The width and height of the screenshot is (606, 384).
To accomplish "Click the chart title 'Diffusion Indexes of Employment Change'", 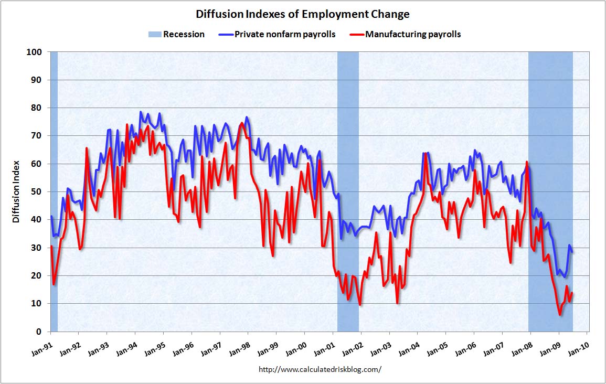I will [x=303, y=14].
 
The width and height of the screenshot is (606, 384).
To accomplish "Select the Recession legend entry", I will [x=176, y=35].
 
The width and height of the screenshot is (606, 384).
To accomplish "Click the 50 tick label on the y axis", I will [x=37, y=192].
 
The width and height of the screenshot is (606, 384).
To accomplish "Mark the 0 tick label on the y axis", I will [x=39, y=332].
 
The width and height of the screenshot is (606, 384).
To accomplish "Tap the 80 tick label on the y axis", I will [x=37, y=108].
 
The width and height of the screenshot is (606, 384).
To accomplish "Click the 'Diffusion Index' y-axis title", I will [x=16, y=192].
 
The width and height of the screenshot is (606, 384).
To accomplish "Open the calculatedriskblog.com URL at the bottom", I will [x=320, y=369].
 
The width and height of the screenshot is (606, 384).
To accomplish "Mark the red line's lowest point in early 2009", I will [x=560, y=315].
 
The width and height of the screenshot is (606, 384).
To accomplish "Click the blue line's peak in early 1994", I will [x=141, y=112].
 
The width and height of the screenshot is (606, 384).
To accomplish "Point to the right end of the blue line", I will [x=572, y=252].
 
